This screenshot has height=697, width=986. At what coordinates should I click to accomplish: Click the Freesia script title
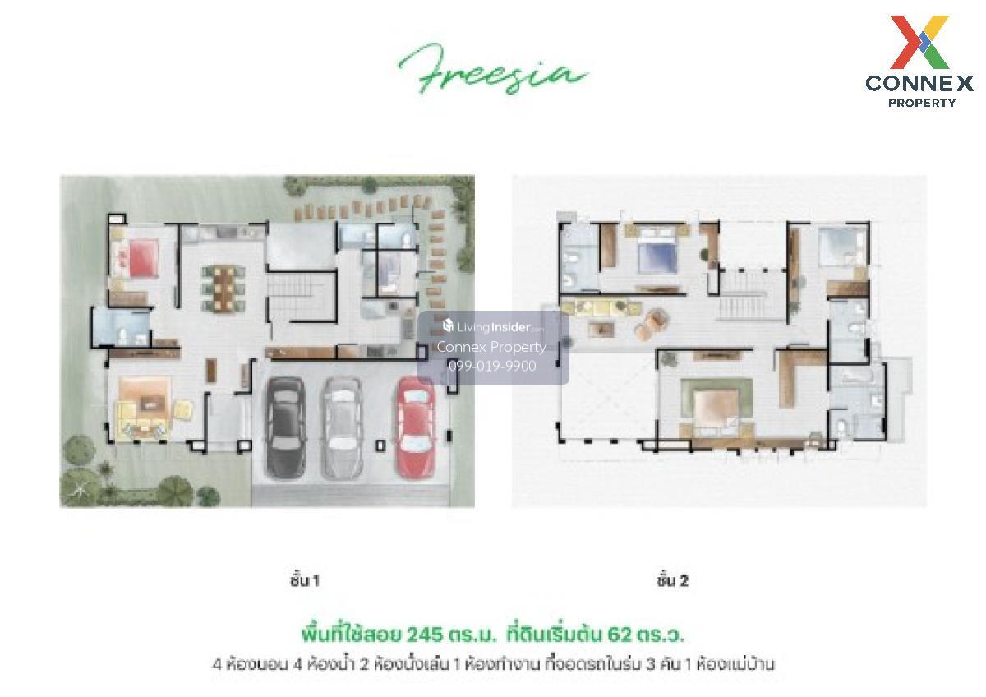(x=493, y=70)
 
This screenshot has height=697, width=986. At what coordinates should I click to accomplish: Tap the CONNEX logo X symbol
(x=919, y=42)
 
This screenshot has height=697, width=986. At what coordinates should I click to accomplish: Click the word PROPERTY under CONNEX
(x=922, y=103)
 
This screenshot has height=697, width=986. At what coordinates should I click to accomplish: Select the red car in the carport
(x=416, y=427)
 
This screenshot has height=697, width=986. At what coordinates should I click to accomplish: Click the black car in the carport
(x=286, y=428)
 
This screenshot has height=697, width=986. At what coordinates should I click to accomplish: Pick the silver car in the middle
(x=343, y=427)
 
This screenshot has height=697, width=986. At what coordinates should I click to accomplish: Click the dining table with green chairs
(x=223, y=289)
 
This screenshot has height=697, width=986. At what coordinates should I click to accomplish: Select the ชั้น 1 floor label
(x=304, y=581)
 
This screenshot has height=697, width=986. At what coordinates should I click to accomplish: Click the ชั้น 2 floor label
(x=672, y=581)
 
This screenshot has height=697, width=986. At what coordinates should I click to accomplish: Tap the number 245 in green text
(x=425, y=635)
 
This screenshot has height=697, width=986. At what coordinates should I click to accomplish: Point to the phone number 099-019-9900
(x=492, y=366)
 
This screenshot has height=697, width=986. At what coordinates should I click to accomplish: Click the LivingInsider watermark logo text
(x=493, y=326)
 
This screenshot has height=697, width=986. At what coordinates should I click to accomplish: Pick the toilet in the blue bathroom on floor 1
(x=124, y=335)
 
